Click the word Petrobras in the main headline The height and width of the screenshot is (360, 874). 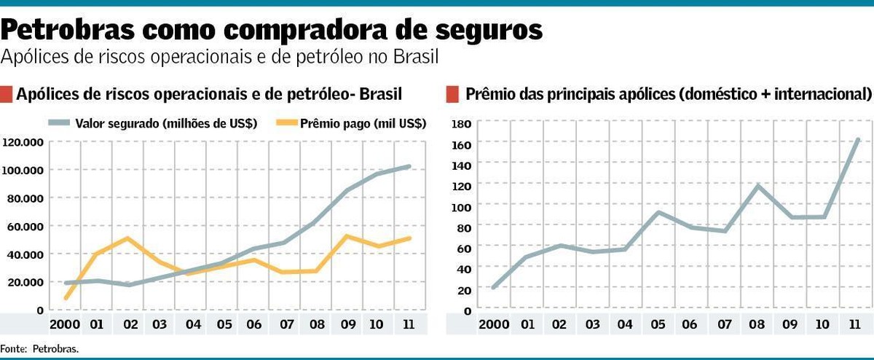(x=66, y=31)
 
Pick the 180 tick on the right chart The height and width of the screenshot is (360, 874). (x=462, y=124)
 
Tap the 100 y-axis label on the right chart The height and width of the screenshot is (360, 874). (x=462, y=207)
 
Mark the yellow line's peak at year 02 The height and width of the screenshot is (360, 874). (x=127, y=238)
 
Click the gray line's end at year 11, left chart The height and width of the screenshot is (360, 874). (x=409, y=166)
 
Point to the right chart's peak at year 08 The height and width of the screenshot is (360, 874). (x=758, y=185)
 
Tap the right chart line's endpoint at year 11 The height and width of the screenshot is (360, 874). (x=858, y=139)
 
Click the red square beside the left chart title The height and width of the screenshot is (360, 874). (x=7, y=94)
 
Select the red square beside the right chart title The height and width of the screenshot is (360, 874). (x=452, y=94)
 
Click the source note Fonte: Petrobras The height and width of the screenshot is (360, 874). (x=39, y=349)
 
